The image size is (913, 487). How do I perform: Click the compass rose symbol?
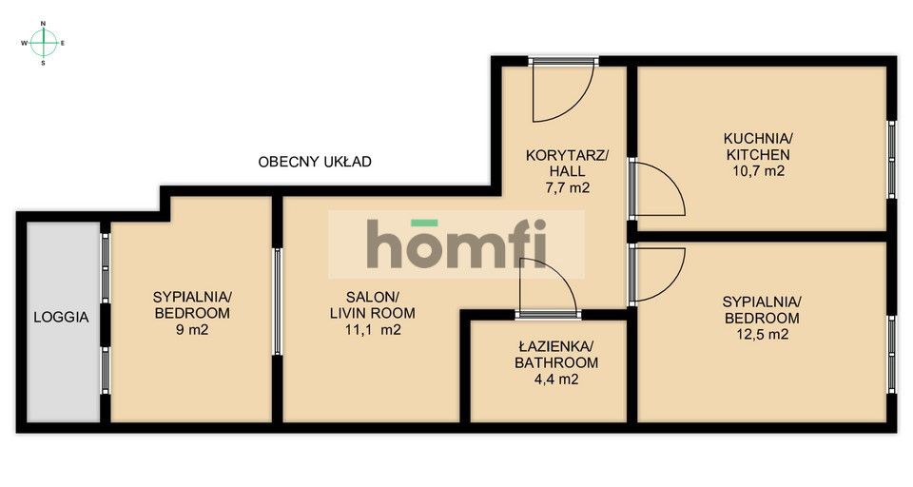[x=44, y=42]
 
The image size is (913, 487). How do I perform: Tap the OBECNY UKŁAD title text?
[x=315, y=162]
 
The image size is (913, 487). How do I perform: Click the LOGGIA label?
[x=63, y=318]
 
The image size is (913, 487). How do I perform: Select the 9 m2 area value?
[x=191, y=331]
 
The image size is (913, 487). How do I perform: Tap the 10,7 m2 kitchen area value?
[x=757, y=171]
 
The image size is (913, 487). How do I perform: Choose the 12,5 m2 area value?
[x=762, y=334]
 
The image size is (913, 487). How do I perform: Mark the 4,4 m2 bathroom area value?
[x=556, y=379]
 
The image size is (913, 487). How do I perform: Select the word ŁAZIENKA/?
[x=556, y=346]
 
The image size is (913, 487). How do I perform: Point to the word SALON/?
[x=365, y=296]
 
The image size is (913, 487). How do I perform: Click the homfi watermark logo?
[x=456, y=244]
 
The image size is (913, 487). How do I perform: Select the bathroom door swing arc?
[x=547, y=285]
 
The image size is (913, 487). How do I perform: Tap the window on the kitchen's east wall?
[x=892, y=160]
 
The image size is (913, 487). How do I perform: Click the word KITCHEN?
[x=758, y=154]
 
